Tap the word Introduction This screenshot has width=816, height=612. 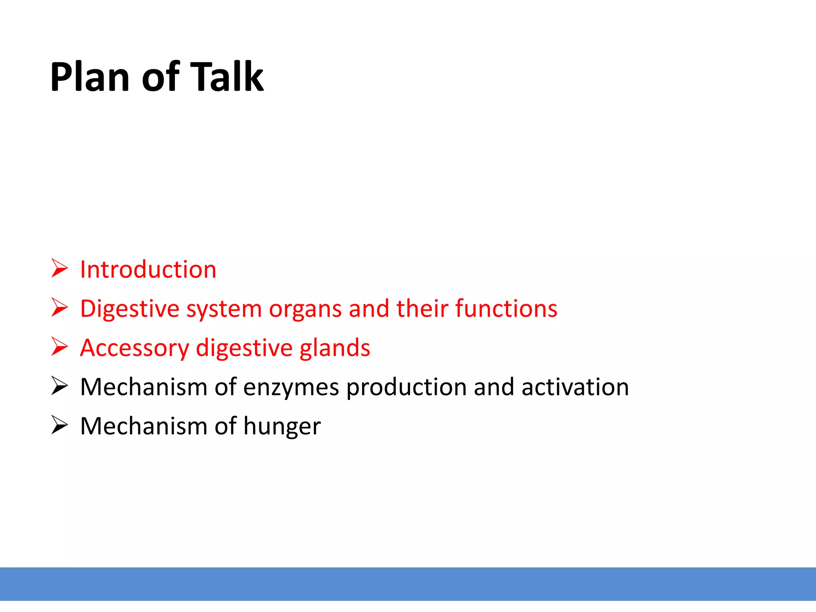point(148,270)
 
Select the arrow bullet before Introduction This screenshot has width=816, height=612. point(60,268)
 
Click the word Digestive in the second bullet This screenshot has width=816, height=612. point(130,309)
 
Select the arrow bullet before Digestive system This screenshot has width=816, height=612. point(60,308)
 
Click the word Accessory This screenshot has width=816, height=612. point(134,348)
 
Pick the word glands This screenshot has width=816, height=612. point(335,348)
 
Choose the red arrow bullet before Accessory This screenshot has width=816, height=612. point(60,347)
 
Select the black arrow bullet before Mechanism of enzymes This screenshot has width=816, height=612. point(60,386)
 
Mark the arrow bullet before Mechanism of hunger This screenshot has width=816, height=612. point(60,425)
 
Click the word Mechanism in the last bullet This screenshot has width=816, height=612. point(143,426)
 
